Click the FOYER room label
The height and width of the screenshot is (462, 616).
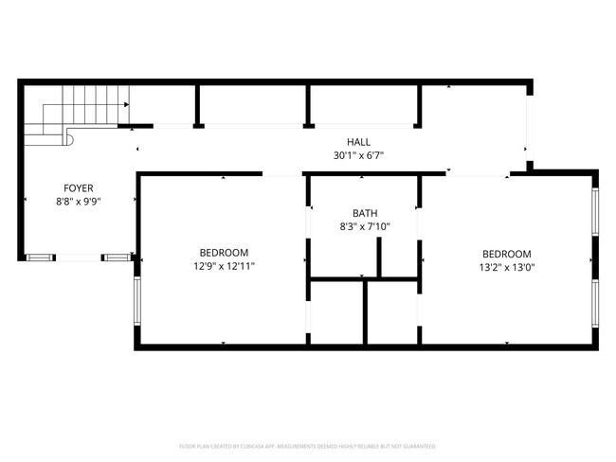[x=79, y=188]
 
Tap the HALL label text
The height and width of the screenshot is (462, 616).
[x=357, y=142]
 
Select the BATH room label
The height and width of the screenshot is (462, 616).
[x=365, y=214]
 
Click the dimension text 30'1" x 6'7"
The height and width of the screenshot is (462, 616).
[x=357, y=155]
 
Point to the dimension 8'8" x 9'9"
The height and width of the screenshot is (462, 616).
[x=79, y=202]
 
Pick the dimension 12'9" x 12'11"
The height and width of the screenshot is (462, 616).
[x=224, y=266]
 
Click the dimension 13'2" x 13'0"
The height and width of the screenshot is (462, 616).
[x=507, y=266]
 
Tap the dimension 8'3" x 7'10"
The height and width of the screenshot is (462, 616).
[x=365, y=227]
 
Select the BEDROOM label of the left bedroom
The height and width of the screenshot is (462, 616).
[x=224, y=253]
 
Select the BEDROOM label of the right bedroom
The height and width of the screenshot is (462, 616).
[x=507, y=253]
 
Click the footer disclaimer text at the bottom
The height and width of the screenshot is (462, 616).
[x=307, y=445]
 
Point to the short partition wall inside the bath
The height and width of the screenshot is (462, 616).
[x=379, y=258]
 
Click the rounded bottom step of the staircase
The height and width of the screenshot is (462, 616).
[x=67, y=139]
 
